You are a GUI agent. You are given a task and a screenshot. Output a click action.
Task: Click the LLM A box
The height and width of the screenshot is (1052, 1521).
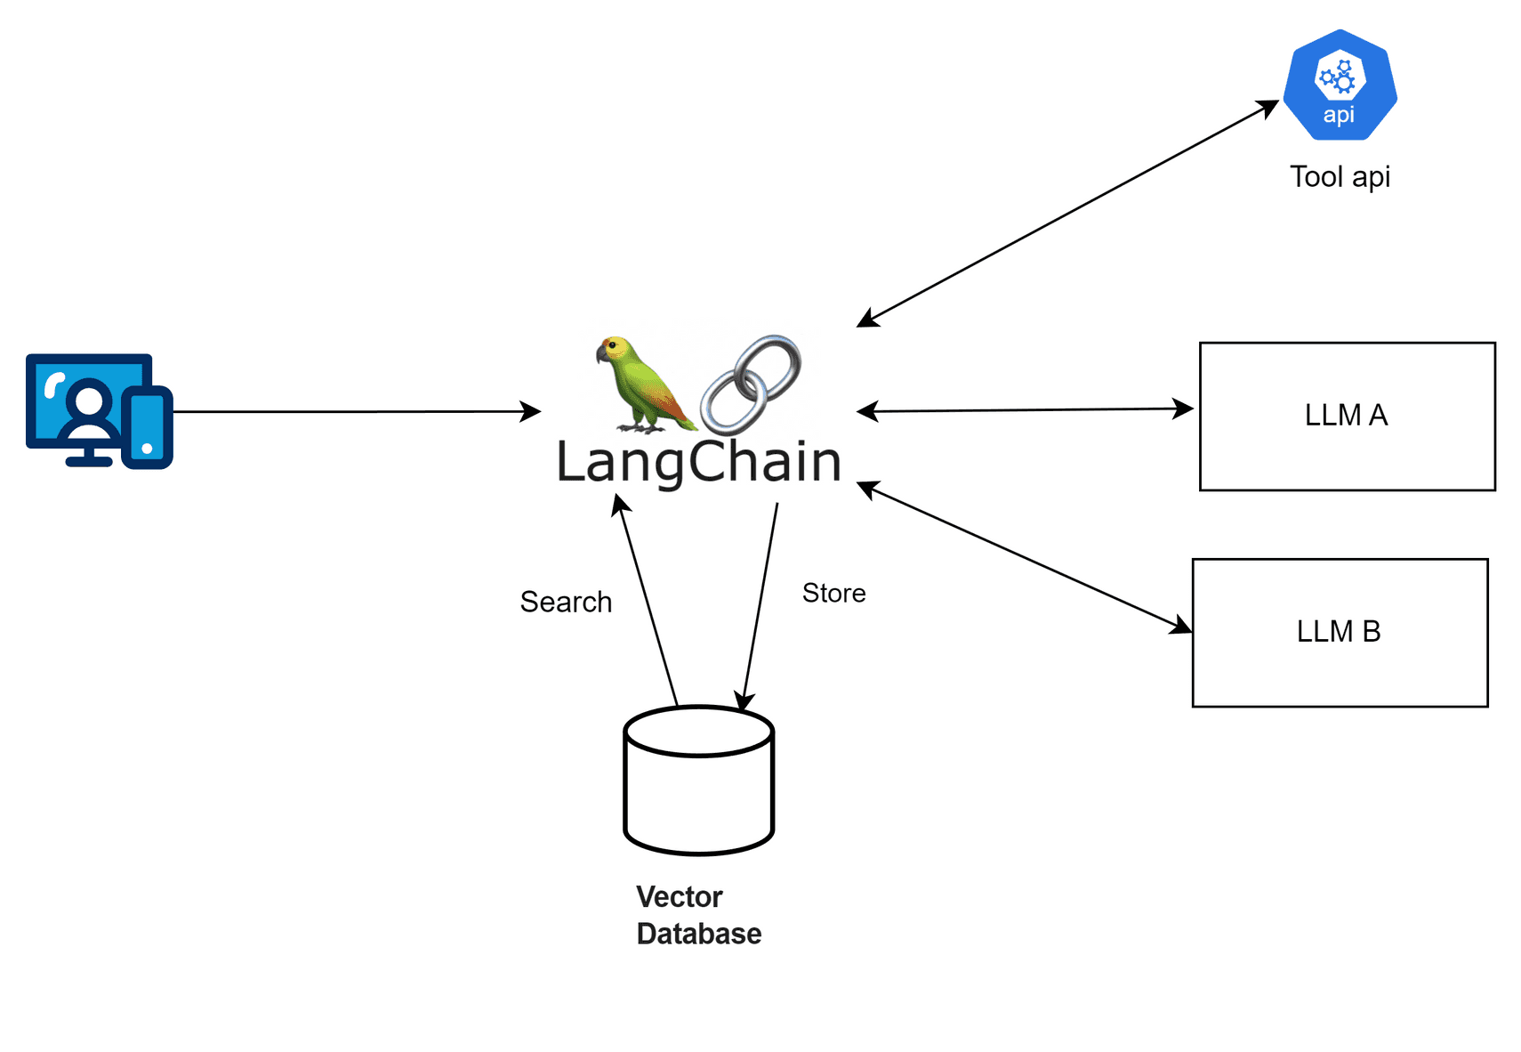pyautogui.click(x=1347, y=416)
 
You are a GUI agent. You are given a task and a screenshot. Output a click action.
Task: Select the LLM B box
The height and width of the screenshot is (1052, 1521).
pyautogui.click(x=1339, y=632)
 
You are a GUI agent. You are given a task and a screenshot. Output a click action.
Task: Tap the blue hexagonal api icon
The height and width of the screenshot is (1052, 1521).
pyautogui.click(x=1340, y=86)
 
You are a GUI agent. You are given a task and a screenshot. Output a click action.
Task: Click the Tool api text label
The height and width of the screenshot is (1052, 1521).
pyautogui.click(x=1340, y=176)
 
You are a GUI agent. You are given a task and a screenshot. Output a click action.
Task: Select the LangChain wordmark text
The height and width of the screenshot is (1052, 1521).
pyautogui.click(x=698, y=461)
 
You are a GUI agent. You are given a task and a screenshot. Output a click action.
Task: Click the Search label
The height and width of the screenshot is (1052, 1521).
pyautogui.click(x=566, y=602)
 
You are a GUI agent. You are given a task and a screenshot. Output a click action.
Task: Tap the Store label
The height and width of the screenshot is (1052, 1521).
pyautogui.click(x=833, y=593)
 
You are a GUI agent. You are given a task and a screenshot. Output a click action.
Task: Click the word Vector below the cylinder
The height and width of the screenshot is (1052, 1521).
pyautogui.click(x=679, y=896)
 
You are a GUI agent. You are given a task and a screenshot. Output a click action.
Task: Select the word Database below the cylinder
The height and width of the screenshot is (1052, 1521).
pyautogui.click(x=698, y=934)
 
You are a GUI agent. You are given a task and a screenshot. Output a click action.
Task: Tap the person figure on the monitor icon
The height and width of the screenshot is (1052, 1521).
pyautogui.click(x=89, y=412)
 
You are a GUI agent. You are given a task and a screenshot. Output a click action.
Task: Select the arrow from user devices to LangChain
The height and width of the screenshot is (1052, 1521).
pyautogui.click(x=356, y=411)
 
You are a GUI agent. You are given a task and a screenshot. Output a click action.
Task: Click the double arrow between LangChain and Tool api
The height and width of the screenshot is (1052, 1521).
pyautogui.click(x=1067, y=214)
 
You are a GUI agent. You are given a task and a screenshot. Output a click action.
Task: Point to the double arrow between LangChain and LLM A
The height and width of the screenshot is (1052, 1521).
pyautogui.click(x=1023, y=410)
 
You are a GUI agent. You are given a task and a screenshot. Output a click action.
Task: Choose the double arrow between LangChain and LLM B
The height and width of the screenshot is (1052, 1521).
pyautogui.click(x=1023, y=557)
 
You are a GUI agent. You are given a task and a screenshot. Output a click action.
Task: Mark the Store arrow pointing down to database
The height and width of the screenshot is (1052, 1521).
pyautogui.click(x=760, y=605)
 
